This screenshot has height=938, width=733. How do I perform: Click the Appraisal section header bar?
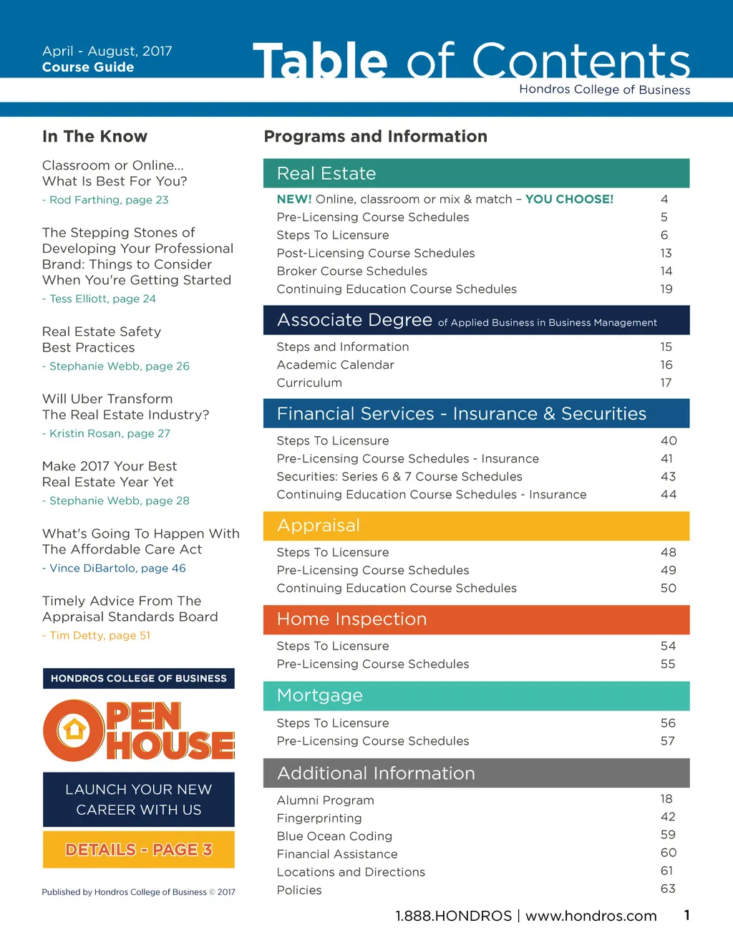(476, 526)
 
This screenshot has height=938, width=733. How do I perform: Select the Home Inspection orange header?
(476, 619)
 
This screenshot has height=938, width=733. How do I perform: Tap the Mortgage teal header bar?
(476, 695)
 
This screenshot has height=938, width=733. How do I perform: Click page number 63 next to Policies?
(668, 889)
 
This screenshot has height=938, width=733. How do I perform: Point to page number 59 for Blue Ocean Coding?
(668, 835)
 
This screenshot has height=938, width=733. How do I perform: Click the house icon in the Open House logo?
(74, 730)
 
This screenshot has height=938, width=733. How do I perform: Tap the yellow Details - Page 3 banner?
(139, 850)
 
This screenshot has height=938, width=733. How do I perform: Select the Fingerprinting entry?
(319, 818)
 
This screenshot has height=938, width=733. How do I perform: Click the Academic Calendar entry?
(335, 364)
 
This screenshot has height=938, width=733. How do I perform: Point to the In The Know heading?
(94, 137)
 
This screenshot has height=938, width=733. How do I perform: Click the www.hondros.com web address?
(591, 916)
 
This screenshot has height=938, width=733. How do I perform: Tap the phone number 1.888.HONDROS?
(453, 916)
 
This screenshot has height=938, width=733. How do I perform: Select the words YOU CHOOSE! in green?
(569, 199)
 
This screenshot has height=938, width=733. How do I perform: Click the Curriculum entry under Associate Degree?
(309, 382)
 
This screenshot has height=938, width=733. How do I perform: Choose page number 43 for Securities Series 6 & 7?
(668, 476)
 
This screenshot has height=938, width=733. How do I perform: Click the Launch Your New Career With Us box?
(139, 799)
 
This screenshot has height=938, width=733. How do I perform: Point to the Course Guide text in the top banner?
(88, 67)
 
